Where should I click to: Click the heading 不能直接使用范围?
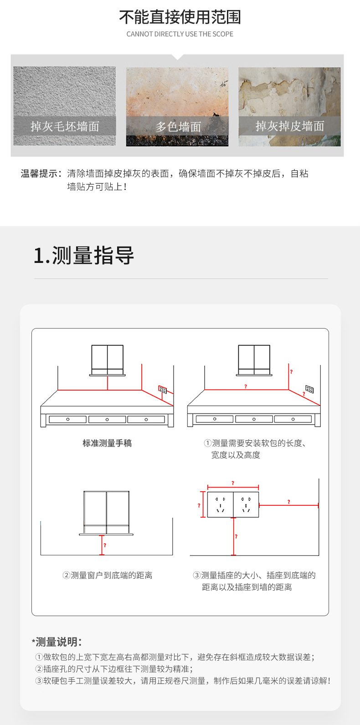coord(180,17)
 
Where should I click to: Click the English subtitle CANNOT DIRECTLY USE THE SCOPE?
coord(180,34)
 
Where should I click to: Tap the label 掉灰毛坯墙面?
coord(65,126)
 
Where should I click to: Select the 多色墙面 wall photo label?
coord(178,127)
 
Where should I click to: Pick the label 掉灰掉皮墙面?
coord(289,126)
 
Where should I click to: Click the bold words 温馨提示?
coord(40,174)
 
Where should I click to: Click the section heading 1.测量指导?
coord(84,255)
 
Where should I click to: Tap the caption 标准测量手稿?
coord(107,443)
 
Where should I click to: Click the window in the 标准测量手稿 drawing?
coord(108,359)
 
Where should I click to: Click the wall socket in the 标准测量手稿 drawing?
coord(163,389)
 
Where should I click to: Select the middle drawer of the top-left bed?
coord(107,419)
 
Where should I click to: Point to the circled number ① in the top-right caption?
coord(207,443)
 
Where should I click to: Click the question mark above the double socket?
coord(233,483)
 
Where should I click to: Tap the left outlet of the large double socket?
coord(221,504)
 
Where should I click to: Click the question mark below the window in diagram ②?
coord(105,545)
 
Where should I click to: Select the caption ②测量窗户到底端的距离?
coord(107,576)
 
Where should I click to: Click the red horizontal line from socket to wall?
coord(288,505)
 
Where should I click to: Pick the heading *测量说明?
coord(57,642)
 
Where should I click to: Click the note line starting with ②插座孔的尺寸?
coord(114,669)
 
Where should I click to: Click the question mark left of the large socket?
coord(199,505)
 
